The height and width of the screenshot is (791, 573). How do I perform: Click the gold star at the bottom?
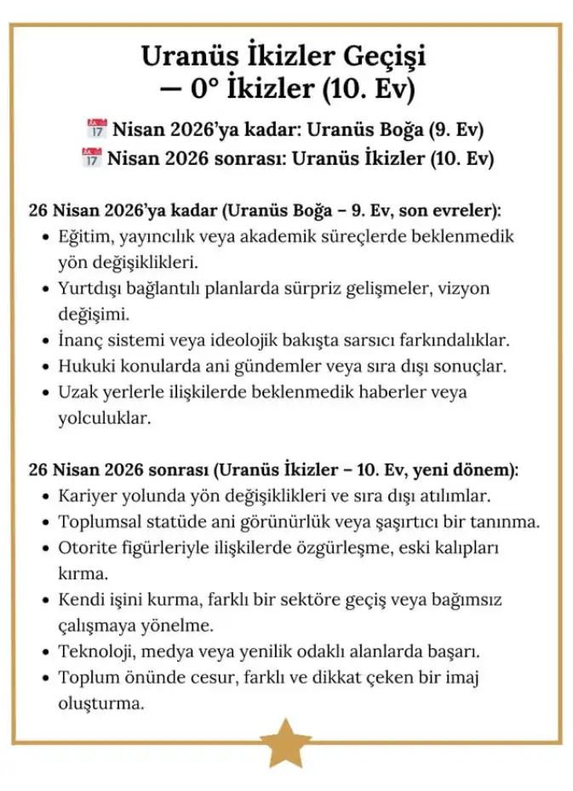tap(285, 743)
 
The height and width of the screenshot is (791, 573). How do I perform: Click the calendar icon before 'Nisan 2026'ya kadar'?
tap(96, 130)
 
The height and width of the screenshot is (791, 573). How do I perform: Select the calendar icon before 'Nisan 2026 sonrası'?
tap(91, 158)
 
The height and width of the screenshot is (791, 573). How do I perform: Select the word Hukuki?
tap(84, 367)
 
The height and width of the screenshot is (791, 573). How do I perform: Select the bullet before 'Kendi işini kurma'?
tap(46, 600)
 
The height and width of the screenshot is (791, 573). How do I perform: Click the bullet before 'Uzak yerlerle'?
tap(46, 394)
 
